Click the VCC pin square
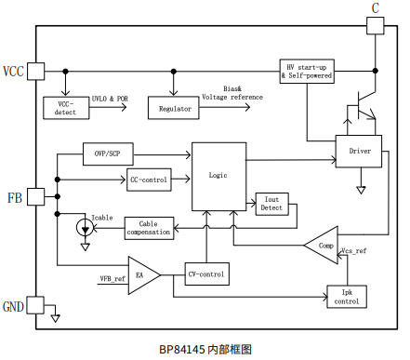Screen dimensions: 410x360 pyautogui.click(x=35, y=72)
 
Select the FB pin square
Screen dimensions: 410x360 pyautogui.click(x=35, y=196)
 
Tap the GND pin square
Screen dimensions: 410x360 pyautogui.click(x=35, y=305)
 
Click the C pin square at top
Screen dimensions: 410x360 pyautogui.click(x=376, y=26)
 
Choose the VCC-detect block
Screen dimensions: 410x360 pyautogui.click(x=66, y=108)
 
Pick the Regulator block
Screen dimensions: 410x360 pyautogui.click(x=174, y=108)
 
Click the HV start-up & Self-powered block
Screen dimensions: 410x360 pyautogui.click(x=307, y=72)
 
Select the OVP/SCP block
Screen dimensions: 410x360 pyautogui.click(x=108, y=153)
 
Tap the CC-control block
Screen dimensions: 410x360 pyautogui.click(x=149, y=180)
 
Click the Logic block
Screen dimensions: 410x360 pyautogui.click(x=219, y=177)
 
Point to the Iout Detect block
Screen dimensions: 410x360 pyautogui.click(x=272, y=204)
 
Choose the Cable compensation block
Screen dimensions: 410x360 pyautogui.click(x=149, y=228)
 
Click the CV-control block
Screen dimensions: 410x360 pyautogui.click(x=207, y=274)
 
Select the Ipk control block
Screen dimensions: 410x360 pyautogui.click(x=347, y=297)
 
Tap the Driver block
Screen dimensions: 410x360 pyautogui.click(x=359, y=152)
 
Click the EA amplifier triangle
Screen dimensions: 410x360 pyautogui.click(x=144, y=275)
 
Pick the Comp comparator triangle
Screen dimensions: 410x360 pyautogui.click(x=321, y=246)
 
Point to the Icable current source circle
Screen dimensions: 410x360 pyautogui.click(x=85, y=228)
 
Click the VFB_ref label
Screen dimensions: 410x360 pyautogui.click(x=112, y=278)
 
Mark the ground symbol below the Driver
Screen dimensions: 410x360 pyautogui.click(x=361, y=190)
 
